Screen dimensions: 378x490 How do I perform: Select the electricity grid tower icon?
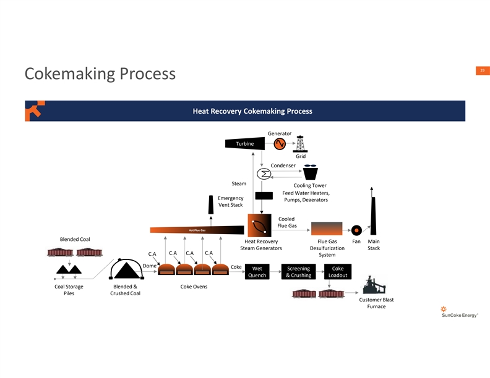tap(301, 143)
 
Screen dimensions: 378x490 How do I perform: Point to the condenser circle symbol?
tap(264, 174)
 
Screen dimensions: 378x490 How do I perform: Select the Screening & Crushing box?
tap(298, 272)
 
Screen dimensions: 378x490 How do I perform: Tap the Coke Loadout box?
tap(338, 272)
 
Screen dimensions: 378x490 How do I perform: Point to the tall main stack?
tap(373, 213)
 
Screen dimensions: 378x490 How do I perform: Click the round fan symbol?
tap(356, 229)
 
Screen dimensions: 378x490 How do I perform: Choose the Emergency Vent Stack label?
tap(230, 201)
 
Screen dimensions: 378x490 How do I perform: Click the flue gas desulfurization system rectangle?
tap(327, 229)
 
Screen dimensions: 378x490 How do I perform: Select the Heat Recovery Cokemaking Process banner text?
tap(252, 111)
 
